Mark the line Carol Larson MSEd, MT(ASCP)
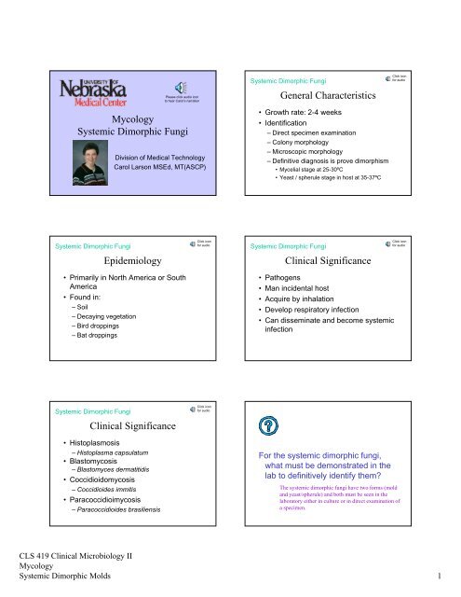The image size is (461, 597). coord(160,170)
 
